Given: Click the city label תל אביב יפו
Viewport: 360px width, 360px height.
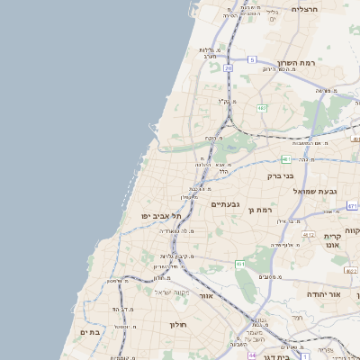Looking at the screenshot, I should point(162,216).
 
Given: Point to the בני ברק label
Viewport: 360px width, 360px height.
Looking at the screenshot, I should point(282,176).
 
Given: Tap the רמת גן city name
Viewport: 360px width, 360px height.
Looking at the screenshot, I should point(260,210).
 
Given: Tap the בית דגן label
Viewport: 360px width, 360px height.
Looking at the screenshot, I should point(281,357).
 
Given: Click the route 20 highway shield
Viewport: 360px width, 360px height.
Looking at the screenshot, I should point(229,67).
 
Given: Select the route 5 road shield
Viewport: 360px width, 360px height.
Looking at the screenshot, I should point(252,58).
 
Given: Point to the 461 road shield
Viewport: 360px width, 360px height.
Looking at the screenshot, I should point(240,264).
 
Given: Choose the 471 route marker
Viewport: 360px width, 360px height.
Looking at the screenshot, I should point(352,206).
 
